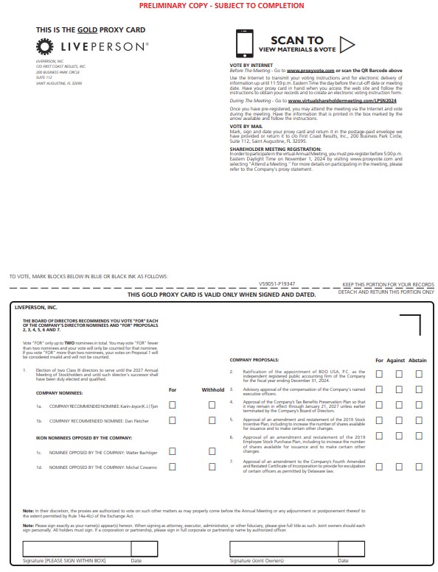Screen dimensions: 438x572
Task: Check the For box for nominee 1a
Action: tap(173, 405)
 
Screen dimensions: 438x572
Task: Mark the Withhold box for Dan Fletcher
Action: tap(212, 420)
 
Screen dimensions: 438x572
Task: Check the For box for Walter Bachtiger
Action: tap(173, 451)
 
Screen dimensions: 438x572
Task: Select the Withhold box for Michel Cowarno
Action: tap(212, 467)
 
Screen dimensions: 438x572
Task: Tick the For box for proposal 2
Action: tap(379, 374)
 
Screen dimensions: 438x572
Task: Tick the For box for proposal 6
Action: tap(379, 441)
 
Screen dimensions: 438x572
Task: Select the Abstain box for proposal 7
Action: tap(419, 466)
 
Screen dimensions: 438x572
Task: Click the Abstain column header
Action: tap(417, 361)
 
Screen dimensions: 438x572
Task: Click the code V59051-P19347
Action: tap(277, 283)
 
